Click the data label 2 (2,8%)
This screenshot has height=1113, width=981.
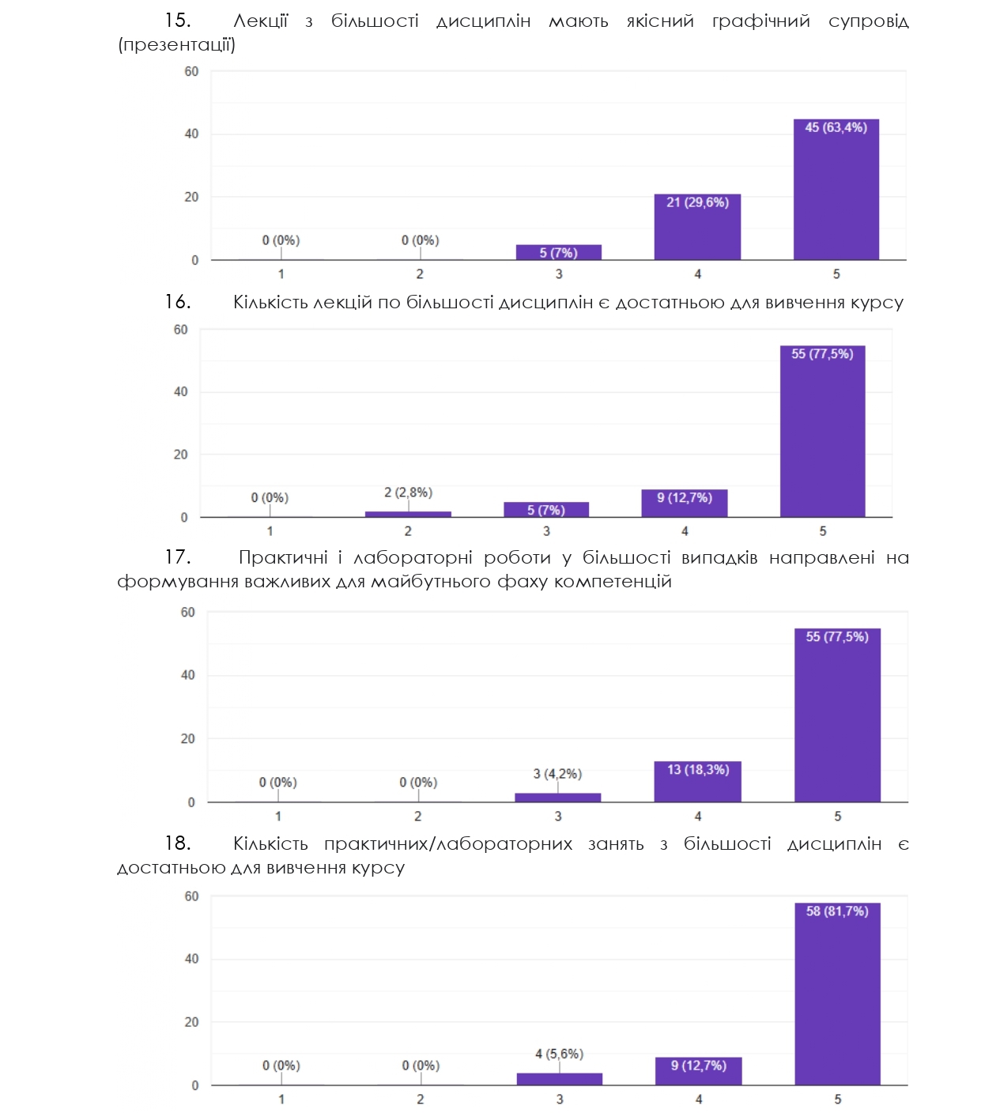point(408,492)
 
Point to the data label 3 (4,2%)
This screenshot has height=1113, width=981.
point(557,774)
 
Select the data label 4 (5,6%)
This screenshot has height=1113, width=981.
point(559,1054)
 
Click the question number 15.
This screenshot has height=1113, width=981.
point(177,21)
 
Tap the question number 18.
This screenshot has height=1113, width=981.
point(177,843)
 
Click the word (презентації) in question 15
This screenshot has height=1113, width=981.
point(176,45)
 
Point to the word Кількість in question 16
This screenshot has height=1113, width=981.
point(270,303)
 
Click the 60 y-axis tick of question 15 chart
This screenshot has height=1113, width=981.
point(191,72)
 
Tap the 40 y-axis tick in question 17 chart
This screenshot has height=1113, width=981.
point(187,675)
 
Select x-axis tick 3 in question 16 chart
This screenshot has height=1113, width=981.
point(546,531)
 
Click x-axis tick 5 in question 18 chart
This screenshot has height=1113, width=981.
point(838,1099)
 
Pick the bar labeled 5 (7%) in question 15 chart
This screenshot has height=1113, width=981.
point(558,253)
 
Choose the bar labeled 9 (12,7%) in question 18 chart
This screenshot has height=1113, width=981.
point(698,1072)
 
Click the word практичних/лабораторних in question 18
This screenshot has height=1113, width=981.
point(448,844)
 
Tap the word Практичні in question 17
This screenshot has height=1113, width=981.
point(283,558)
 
